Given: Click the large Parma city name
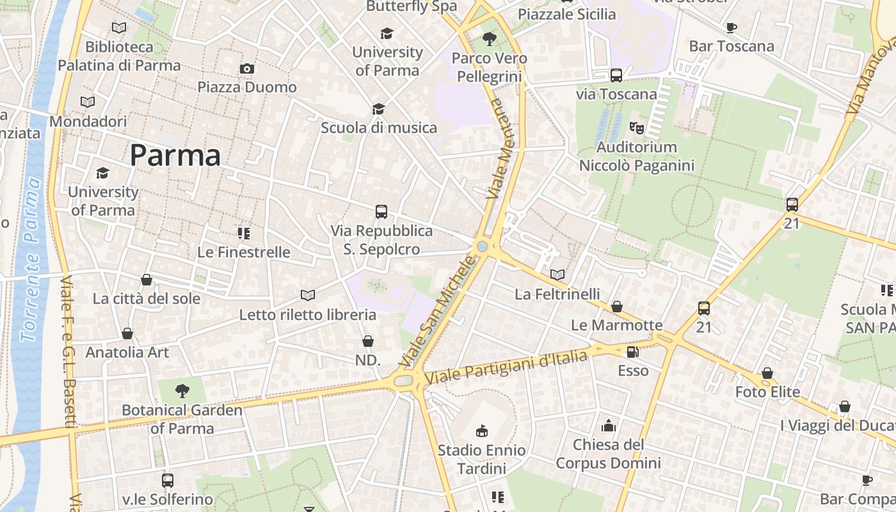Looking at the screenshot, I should tap(175, 156).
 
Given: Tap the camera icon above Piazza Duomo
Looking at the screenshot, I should tap(246, 68).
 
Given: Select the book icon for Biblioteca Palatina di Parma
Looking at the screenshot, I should tap(119, 28).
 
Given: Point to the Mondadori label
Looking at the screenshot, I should tap(88, 121).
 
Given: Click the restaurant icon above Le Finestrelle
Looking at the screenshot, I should tap(243, 234).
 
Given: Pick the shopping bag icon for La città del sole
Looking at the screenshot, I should tap(147, 280).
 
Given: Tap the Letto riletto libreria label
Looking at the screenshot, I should tap(307, 314).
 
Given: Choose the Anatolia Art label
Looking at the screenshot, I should tap(127, 352).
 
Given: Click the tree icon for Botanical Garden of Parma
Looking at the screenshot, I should tap(182, 390).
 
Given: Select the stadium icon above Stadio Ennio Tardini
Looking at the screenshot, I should tap(482, 431).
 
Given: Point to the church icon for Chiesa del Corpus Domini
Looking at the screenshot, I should tap(608, 426).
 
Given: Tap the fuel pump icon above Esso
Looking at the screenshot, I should tap(632, 351).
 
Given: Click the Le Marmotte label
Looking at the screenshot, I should tap(616, 325).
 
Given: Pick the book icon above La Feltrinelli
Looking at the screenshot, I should tap(557, 275).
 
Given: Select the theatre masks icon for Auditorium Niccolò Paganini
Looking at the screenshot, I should tap(636, 128).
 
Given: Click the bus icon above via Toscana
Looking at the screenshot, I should tap(616, 76).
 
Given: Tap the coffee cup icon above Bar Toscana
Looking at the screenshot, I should tap(731, 28).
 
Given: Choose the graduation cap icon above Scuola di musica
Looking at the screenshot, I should tap(378, 109).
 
